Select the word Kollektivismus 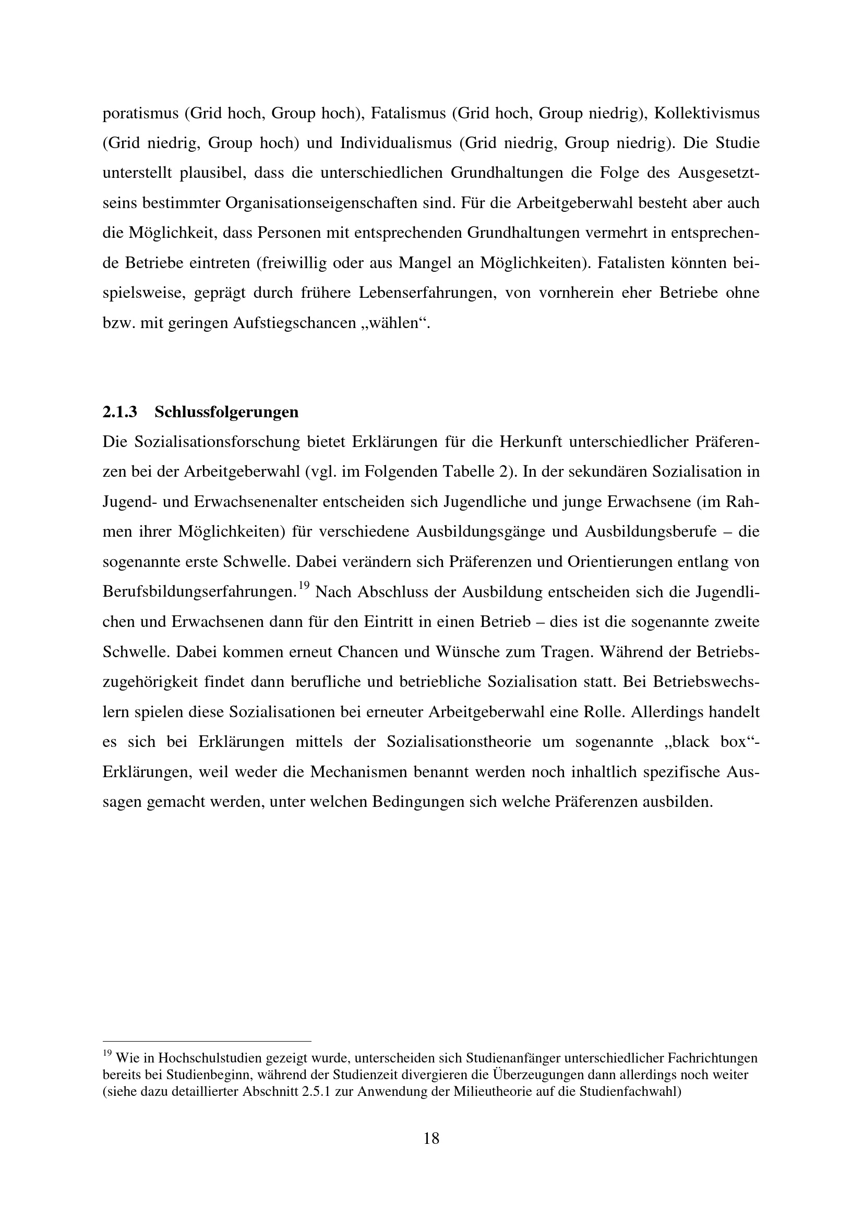(707, 113)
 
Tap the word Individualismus (396, 143)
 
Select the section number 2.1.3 (119, 412)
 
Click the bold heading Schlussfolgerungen (226, 413)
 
